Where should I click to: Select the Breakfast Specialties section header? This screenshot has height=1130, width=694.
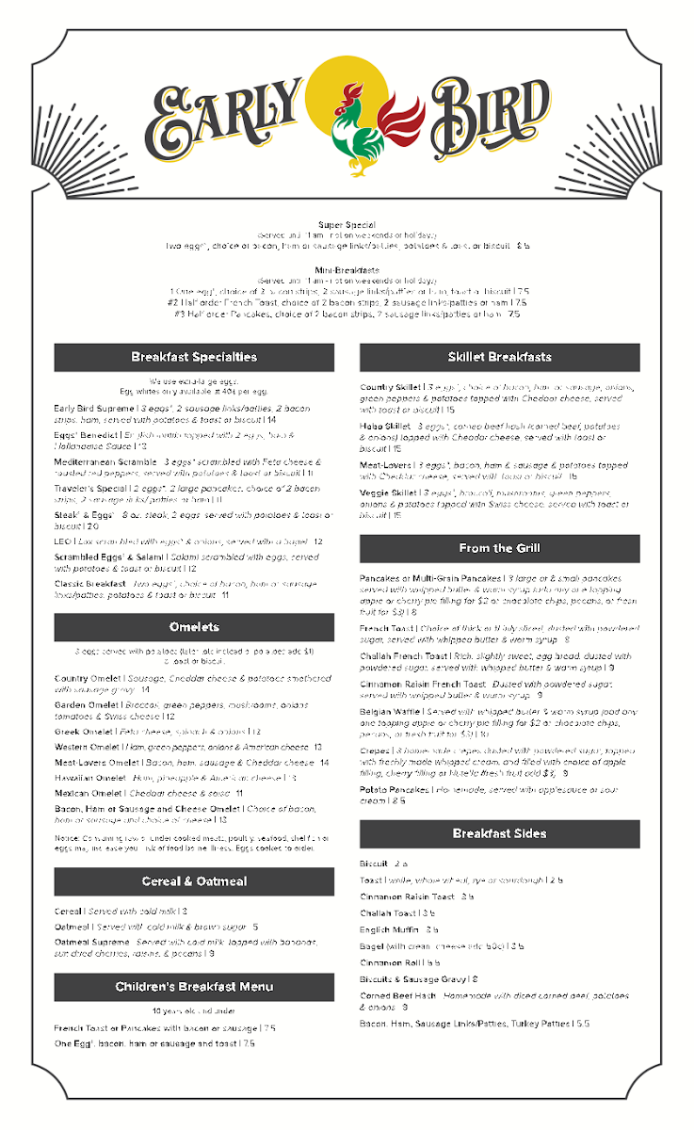pyautogui.click(x=194, y=358)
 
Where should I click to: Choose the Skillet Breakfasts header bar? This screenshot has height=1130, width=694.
pyautogui.click(x=499, y=358)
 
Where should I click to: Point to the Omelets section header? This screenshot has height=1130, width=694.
pyautogui.click(x=194, y=627)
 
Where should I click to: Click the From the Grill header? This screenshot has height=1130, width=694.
pyautogui.click(x=499, y=548)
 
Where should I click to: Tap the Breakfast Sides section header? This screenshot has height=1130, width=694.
pyautogui.click(x=499, y=833)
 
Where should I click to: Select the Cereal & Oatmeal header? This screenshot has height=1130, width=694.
pyautogui.click(x=194, y=881)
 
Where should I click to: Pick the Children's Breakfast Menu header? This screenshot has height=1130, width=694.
pyautogui.click(x=194, y=987)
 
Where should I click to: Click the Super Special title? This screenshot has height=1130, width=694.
pyautogui.click(x=347, y=225)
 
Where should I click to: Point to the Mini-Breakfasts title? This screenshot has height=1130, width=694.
pyautogui.click(x=347, y=270)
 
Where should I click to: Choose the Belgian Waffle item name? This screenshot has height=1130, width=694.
pyautogui.click(x=391, y=712)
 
